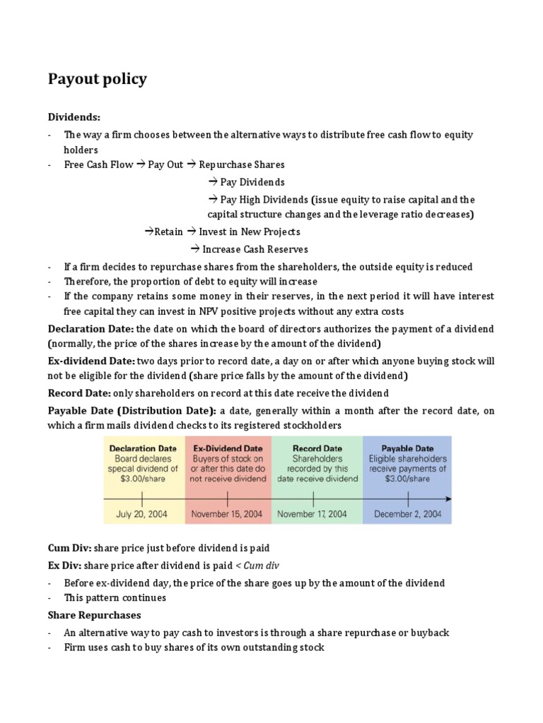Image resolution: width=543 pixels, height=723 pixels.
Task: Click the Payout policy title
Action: coord(97,78)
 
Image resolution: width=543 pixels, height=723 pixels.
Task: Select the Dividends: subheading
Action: coord(74,116)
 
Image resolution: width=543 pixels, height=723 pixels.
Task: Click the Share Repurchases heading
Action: coord(94,615)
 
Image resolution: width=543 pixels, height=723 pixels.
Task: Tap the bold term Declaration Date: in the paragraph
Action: coord(90,329)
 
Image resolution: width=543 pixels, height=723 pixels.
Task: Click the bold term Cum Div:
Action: coord(69,548)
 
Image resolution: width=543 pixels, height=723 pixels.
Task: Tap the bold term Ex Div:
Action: coord(64,566)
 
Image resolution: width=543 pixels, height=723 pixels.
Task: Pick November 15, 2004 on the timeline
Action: coord(228,514)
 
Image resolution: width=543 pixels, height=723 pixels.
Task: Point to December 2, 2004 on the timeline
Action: coord(407,514)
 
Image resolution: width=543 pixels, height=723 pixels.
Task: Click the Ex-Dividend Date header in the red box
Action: coord(228,448)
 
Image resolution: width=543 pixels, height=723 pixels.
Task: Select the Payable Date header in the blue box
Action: coord(407,448)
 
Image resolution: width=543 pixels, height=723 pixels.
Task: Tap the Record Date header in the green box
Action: coord(317,448)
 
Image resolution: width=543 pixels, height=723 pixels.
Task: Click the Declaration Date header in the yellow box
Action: coord(142,448)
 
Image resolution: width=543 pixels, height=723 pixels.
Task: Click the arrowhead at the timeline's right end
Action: coord(448,499)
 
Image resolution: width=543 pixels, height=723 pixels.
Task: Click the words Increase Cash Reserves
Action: coord(255,249)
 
